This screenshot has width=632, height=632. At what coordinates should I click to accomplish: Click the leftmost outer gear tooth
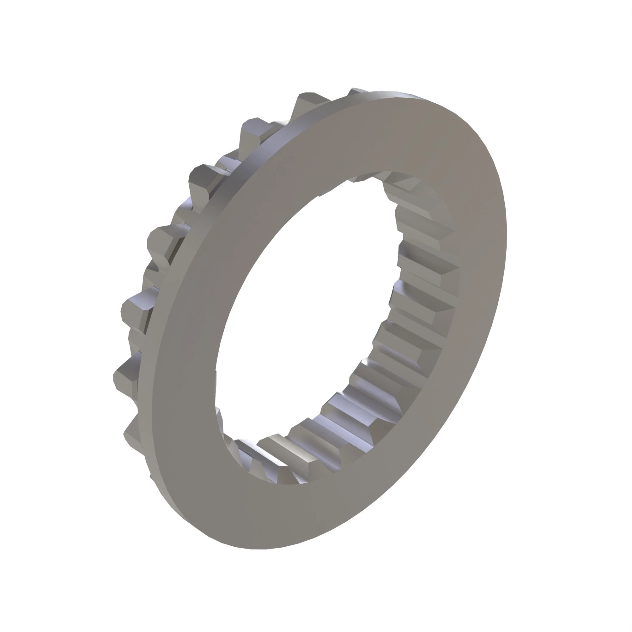click(x=126, y=380)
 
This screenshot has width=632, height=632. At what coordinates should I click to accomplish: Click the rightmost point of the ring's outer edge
click(x=506, y=229)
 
